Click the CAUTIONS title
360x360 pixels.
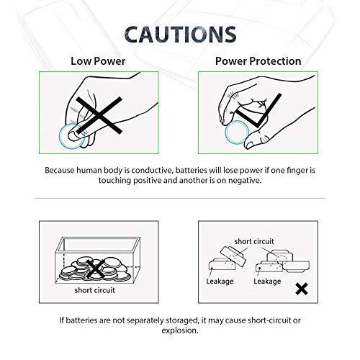[x=179, y=34]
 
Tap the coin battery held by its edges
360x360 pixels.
[x=235, y=136]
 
